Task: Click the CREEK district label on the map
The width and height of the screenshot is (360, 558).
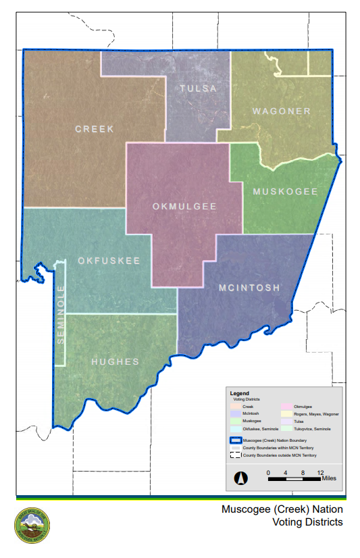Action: coord(95,128)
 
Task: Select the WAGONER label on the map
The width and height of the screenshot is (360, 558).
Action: coord(282,111)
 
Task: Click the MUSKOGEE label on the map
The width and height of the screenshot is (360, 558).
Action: coord(285,192)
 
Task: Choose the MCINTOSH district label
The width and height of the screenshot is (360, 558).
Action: coord(249,288)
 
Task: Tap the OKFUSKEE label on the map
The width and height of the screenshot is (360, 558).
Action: coord(109,261)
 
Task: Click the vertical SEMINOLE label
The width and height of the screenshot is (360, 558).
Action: coord(60,314)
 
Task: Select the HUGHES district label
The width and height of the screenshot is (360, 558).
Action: coord(115,361)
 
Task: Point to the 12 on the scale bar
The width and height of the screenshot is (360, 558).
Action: coord(321,472)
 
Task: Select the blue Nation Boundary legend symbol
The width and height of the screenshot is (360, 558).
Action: coord(236,440)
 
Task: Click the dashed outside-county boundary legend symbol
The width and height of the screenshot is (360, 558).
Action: coord(236,456)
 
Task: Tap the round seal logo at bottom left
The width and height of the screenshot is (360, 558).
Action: coord(32,525)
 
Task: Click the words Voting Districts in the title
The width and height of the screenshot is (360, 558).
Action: coord(307,522)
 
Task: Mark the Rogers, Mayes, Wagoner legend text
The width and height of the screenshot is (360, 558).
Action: coord(316,413)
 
